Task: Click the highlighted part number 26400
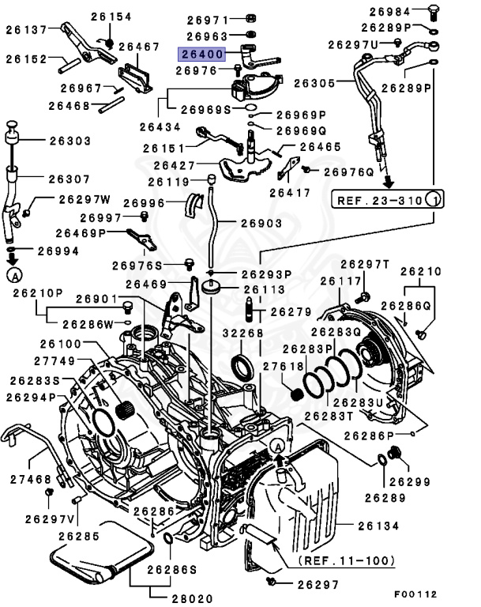(202, 55)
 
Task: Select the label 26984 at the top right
(389, 11)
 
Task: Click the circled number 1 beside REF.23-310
(432, 200)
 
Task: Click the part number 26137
(27, 30)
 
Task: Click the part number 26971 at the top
(208, 20)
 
